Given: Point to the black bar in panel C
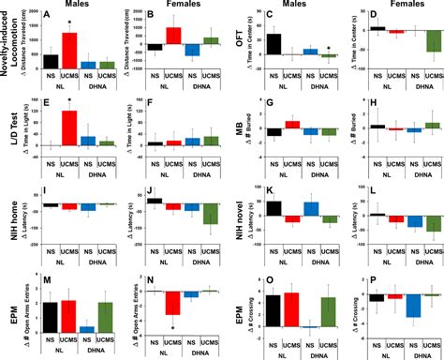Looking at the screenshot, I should pos(274,43).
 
